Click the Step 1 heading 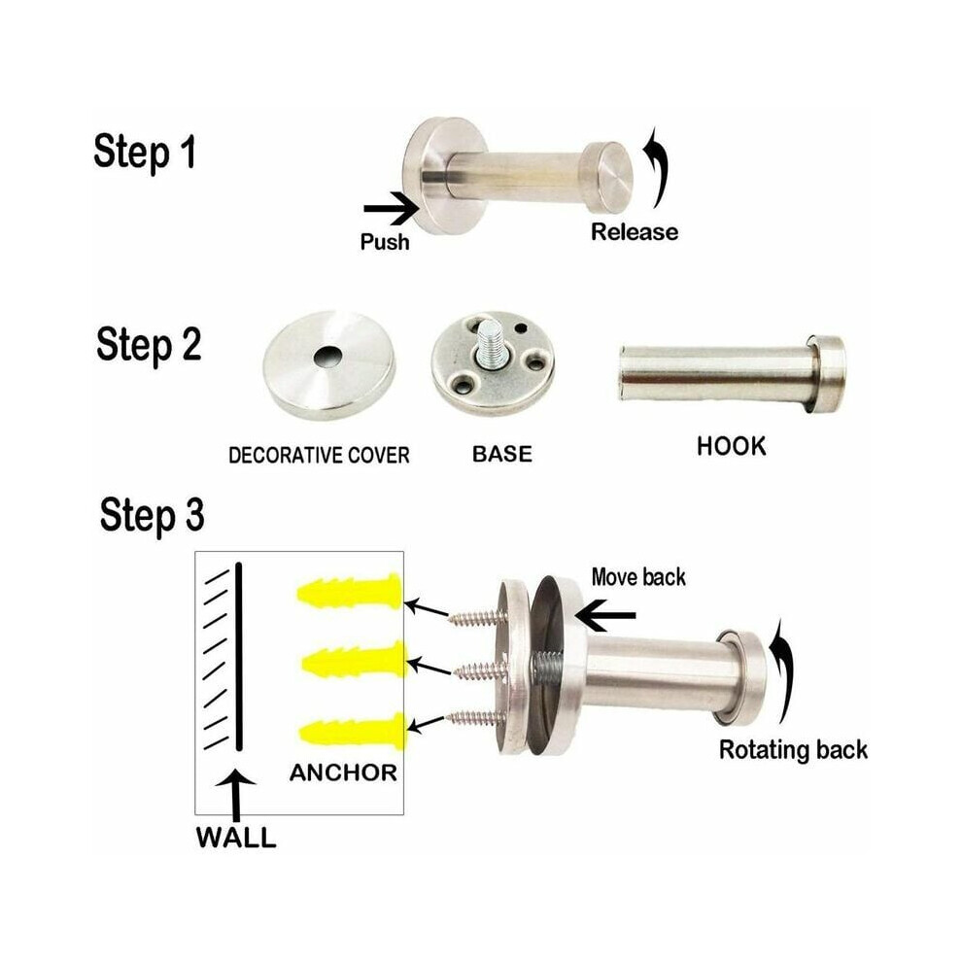pyautogui.click(x=145, y=153)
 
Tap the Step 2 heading pyautogui.click(x=149, y=345)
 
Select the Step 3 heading pyautogui.click(x=152, y=515)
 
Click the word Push pyautogui.click(x=385, y=242)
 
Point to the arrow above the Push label pyautogui.click(x=392, y=209)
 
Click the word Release pyautogui.click(x=635, y=232)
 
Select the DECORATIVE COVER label pyautogui.click(x=319, y=455)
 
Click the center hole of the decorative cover pyautogui.click(x=327, y=357)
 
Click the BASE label pyautogui.click(x=501, y=454)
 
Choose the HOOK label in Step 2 pyautogui.click(x=732, y=446)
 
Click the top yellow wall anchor pyautogui.click(x=350, y=591)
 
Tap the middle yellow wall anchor pyautogui.click(x=355, y=661)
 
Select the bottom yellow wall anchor pyautogui.click(x=354, y=731)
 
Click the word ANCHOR pyautogui.click(x=344, y=773)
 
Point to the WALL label pyautogui.click(x=235, y=838)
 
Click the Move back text pyautogui.click(x=638, y=577)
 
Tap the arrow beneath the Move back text pyautogui.click(x=605, y=615)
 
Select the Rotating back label pyautogui.click(x=793, y=750)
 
